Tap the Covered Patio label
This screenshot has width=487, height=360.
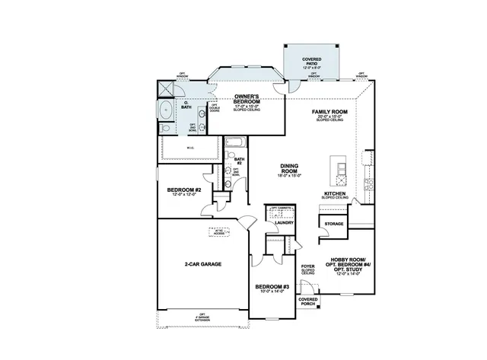[x=310, y=60]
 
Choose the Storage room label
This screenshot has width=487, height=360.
[x=334, y=225]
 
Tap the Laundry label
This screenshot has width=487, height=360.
[x=285, y=224]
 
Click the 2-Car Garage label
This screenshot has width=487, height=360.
[x=202, y=263]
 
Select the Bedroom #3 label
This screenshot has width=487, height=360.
[x=274, y=288]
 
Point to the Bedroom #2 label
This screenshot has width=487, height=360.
[x=183, y=191]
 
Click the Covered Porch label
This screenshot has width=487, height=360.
[x=308, y=302]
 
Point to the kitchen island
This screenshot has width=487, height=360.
[x=337, y=172]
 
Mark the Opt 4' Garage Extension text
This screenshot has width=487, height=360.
[x=202, y=317]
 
